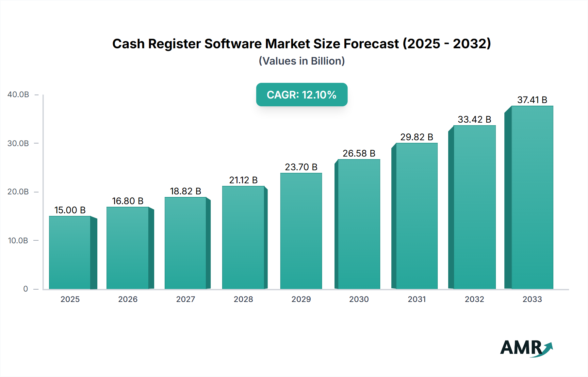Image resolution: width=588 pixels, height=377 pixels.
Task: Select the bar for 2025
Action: click(x=70, y=253)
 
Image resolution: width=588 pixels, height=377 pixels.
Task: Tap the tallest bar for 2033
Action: click(x=532, y=197)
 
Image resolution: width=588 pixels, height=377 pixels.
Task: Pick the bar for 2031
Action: click(x=416, y=216)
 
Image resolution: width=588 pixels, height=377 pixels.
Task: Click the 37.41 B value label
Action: click(x=532, y=100)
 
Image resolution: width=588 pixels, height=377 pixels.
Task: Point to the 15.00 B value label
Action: click(x=70, y=210)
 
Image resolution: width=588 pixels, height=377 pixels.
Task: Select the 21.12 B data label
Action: click(x=243, y=180)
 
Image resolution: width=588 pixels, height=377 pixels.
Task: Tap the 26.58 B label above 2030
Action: click(x=359, y=153)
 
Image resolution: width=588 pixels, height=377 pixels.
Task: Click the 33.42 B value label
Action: click(x=474, y=119)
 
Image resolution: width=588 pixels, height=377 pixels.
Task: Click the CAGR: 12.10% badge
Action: click(x=302, y=95)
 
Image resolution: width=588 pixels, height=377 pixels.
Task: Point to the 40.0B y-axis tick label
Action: click(x=18, y=95)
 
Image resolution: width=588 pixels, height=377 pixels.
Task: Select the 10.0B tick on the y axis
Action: click(x=18, y=241)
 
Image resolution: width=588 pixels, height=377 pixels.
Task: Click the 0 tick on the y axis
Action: click(x=25, y=289)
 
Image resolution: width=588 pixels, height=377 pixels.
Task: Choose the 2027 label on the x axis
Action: click(x=186, y=299)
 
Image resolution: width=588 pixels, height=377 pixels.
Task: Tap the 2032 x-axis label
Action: click(x=474, y=299)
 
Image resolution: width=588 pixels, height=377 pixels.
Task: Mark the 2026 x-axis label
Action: click(x=128, y=299)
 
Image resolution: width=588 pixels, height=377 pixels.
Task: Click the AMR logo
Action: click(x=526, y=348)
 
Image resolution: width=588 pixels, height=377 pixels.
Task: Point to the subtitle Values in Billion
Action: click(x=302, y=61)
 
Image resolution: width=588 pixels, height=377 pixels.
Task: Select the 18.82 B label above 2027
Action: click(x=186, y=191)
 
